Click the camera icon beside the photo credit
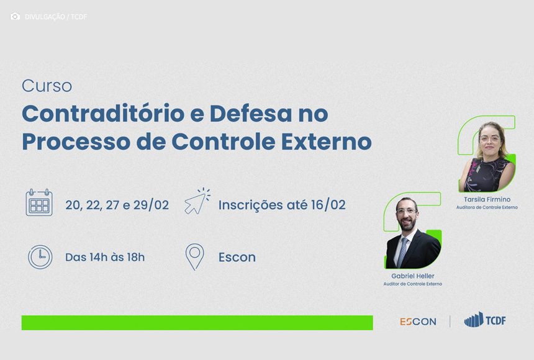[15, 16]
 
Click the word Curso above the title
[47, 86]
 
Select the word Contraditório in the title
[103, 114]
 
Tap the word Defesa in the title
[251, 114]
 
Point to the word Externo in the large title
[326, 142]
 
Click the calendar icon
[39, 202]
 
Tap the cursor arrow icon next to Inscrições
[197, 201]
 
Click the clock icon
[40, 257]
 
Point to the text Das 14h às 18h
[105, 257]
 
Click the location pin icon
[195, 257]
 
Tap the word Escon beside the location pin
[237, 257]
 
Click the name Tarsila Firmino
[487, 199]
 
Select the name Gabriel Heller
[413, 276]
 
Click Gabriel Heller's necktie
[402, 253]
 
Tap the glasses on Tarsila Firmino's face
[490, 138]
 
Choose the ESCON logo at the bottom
[418, 322]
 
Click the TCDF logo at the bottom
[485, 320]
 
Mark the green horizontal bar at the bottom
[197, 323]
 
